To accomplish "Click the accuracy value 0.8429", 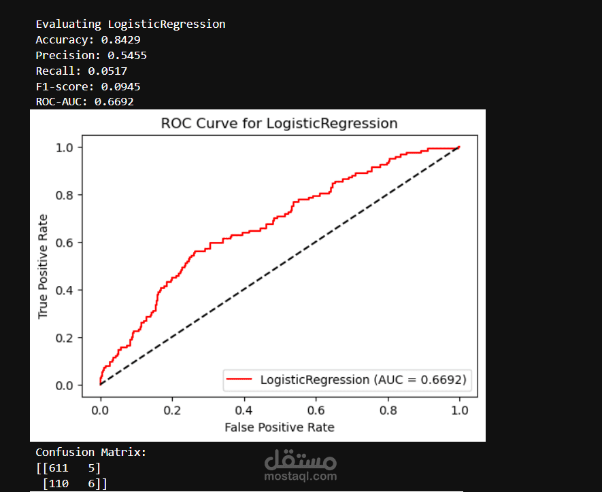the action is (120, 40).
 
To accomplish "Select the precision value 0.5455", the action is (127, 56).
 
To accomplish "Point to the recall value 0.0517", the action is (107, 71).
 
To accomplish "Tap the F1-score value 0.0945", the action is (120, 87).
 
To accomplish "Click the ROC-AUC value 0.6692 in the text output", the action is (114, 102).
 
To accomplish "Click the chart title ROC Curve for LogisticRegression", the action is (279, 124).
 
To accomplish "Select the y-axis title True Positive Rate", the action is (43, 266).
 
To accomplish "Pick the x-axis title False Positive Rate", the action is (280, 427).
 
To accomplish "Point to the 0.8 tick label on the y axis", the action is (64, 195).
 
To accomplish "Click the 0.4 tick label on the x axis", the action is (244, 410).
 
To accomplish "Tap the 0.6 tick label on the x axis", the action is (316, 410).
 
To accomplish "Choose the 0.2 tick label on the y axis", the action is (64, 338).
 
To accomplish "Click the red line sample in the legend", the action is (239, 379).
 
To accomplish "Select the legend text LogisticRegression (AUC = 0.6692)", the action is (363, 380).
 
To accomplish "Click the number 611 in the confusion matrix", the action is (58, 468).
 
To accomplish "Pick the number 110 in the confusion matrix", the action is (58, 484).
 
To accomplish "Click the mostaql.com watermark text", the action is (301, 476).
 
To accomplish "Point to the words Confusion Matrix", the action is (88, 452).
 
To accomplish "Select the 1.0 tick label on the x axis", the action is (460, 410).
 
